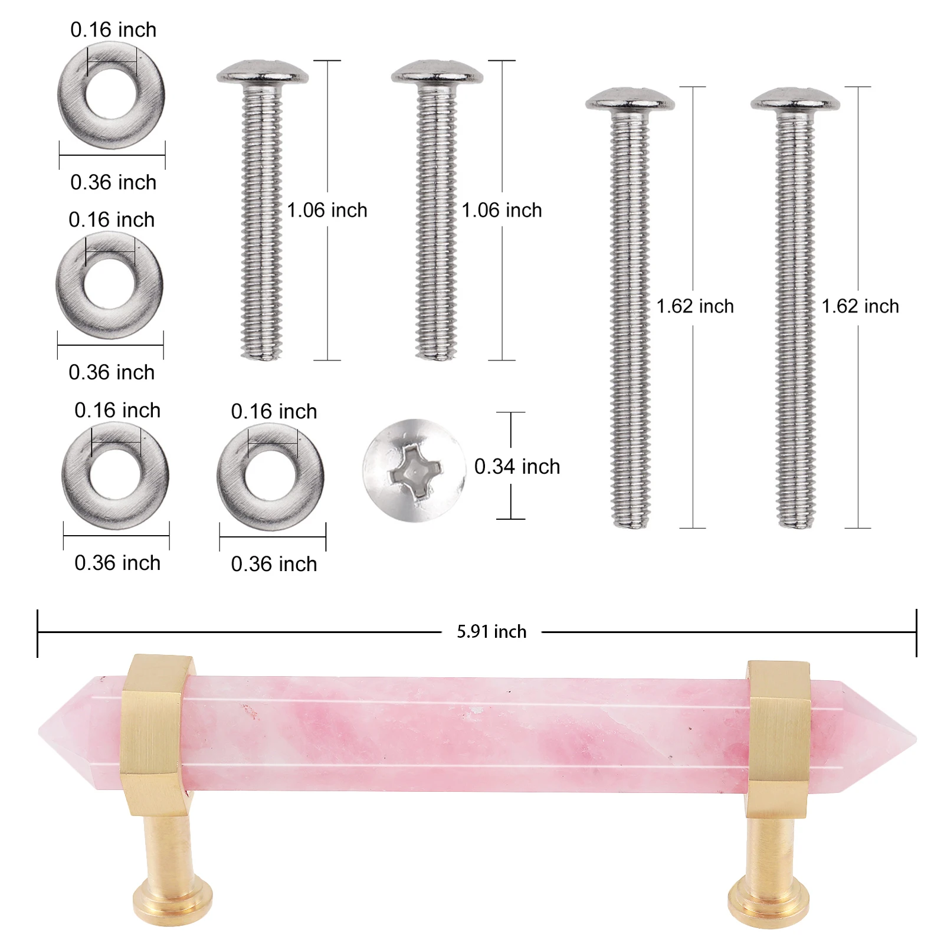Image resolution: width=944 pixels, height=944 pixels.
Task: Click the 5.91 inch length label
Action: pos(491,632)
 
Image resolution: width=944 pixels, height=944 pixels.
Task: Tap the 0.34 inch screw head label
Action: pos(517,467)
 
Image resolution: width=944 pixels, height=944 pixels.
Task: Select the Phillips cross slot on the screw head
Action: pos(415,471)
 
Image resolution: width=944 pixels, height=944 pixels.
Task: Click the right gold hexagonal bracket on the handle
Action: pos(777,737)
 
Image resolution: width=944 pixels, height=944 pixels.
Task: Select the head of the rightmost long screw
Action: pos(795,100)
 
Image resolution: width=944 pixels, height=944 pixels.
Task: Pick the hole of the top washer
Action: pos(111,94)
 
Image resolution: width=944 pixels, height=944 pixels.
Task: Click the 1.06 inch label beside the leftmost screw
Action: pos(327,210)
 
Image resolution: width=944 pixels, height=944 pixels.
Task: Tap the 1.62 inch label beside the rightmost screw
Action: pos(860,306)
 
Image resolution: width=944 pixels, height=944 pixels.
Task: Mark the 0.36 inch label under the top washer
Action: pos(113,182)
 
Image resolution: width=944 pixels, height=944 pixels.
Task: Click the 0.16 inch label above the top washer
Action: pos(113,29)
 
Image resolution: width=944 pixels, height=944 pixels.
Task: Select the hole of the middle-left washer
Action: pos(110,284)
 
